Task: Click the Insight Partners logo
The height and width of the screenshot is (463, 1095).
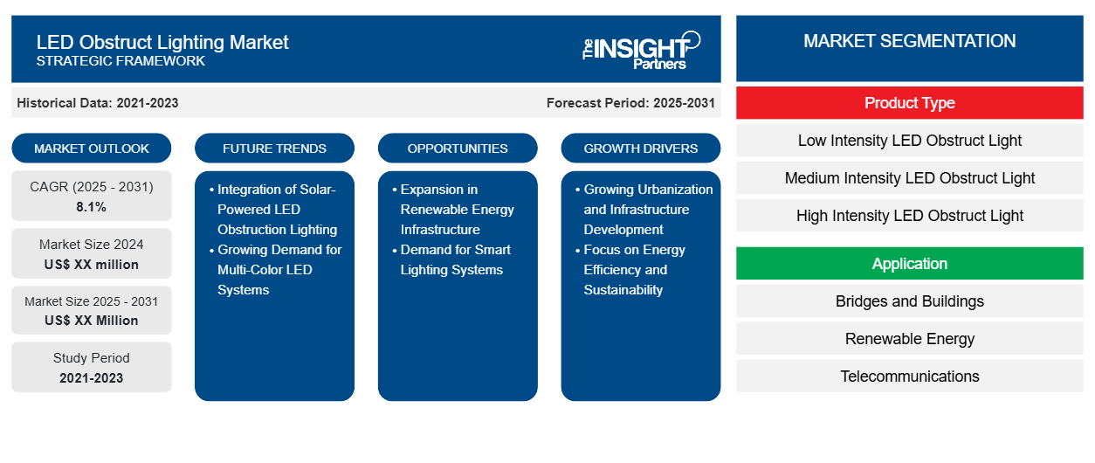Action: click(641, 49)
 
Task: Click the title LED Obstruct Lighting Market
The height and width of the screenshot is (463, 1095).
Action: click(162, 42)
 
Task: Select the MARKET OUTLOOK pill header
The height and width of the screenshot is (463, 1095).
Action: click(92, 149)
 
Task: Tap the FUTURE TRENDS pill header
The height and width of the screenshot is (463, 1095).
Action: click(274, 149)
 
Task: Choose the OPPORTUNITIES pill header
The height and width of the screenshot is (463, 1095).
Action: click(458, 149)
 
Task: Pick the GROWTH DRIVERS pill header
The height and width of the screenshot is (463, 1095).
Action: click(641, 149)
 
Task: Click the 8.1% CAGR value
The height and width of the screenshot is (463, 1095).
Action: click(92, 207)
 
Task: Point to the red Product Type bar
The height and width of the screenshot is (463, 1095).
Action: click(909, 103)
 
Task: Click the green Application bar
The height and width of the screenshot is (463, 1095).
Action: click(909, 264)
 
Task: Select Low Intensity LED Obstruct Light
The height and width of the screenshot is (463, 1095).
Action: click(909, 141)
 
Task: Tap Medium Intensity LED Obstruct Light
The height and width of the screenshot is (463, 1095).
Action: click(909, 178)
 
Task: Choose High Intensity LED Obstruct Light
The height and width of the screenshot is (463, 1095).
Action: click(909, 216)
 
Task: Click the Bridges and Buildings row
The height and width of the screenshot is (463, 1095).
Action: click(909, 301)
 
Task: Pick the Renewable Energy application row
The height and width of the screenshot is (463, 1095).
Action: click(909, 339)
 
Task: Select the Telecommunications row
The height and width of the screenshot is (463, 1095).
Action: click(909, 377)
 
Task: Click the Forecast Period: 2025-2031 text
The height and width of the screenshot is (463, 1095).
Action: click(630, 103)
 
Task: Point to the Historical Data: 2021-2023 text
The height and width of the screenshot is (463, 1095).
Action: click(98, 103)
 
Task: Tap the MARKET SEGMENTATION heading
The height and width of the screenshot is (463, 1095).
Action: click(909, 41)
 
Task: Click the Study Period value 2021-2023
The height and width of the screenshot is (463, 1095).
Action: click(92, 378)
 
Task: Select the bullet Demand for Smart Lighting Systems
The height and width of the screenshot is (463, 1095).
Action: click(455, 259)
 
